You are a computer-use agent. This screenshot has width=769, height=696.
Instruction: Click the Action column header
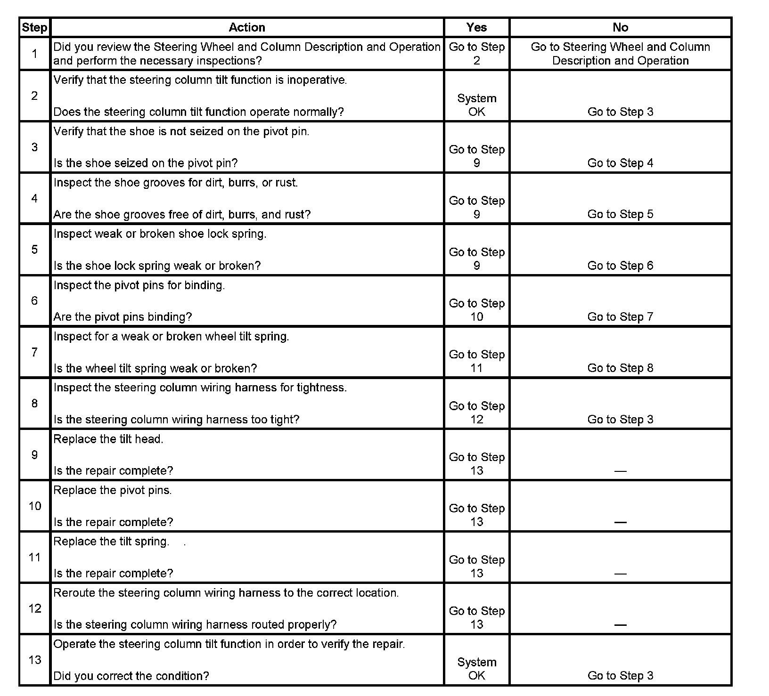pos(247,28)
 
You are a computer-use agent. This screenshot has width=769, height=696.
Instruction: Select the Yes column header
pos(476,28)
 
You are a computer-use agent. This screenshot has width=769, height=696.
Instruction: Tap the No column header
pos(620,28)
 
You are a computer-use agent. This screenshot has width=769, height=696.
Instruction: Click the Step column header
pos(34,28)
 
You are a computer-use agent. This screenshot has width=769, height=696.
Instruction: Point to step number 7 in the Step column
pos(34,352)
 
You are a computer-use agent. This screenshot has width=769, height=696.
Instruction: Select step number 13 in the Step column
pos(34,660)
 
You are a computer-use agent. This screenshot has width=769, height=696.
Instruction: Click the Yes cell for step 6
pos(476,310)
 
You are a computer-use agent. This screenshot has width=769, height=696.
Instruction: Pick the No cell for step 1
pos(620,54)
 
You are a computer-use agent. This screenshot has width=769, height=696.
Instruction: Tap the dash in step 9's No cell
pos(620,471)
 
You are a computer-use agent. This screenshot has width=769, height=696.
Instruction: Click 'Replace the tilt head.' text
pos(108,439)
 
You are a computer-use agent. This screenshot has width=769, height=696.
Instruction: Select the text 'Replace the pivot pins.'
pos(113,491)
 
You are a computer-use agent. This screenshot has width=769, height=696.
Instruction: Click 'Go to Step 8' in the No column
pos(620,368)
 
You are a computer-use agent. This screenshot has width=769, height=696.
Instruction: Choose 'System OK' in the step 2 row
pos(476,105)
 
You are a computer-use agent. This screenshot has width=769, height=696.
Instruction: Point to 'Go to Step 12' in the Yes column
pos(476,413)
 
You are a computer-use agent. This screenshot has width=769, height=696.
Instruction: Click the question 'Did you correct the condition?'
pos(131,676)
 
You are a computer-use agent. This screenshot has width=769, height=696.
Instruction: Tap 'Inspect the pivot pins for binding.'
pos(139,285)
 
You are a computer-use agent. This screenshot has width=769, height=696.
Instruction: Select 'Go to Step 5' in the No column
pos(620,214)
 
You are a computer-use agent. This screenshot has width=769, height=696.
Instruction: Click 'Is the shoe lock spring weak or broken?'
pos(157,266)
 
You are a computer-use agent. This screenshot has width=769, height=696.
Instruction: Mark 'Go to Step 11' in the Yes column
pos(476,361)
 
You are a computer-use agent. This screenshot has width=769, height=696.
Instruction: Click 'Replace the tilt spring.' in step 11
pos(111,542)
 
